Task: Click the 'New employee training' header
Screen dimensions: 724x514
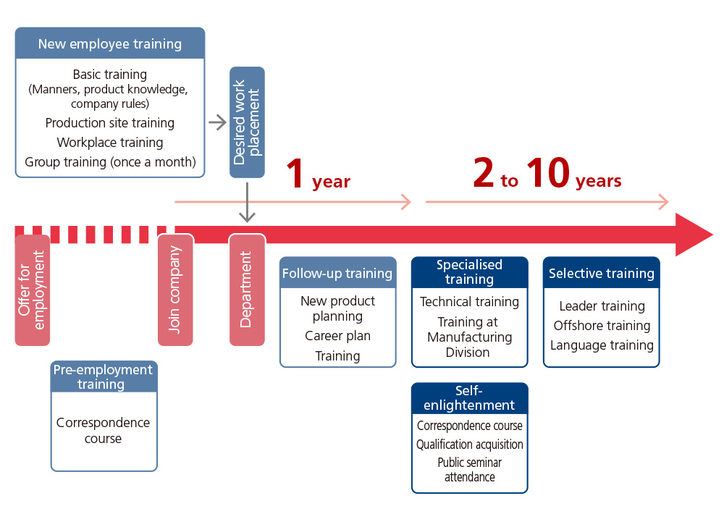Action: (x=110, y=43)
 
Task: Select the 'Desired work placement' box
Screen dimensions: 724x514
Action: (x=247, y=122)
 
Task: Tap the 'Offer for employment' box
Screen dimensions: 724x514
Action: (x=33, y=290)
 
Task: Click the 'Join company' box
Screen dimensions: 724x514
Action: (x=175, y=290)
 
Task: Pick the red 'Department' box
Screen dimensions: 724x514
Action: (x=247, y=290)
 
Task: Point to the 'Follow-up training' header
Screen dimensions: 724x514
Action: (x=337, y=273)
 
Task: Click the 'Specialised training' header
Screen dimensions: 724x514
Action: (x=470, y=272)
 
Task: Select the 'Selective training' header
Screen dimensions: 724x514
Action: (x=601, y=273)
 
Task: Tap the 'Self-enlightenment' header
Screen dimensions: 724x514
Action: (x=470, y=398)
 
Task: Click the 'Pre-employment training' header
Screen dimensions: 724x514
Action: (x=104, y=377)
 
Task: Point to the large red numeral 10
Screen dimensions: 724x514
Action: (x=548, y=172)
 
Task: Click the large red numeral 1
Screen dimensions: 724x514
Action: (x=295, y=173)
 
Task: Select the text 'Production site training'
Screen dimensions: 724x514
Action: (x=110, y=123)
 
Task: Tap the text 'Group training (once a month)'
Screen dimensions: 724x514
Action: (x=110, y=162)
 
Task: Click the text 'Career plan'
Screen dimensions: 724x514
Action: (x=337, y=336)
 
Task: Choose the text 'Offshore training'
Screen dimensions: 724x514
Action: (x=602, y=326)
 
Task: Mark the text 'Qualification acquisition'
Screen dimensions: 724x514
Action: (x=470, y=445)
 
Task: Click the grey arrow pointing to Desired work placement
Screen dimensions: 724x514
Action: (x=217, y=122)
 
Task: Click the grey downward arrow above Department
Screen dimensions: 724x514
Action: (x=247, y=202)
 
